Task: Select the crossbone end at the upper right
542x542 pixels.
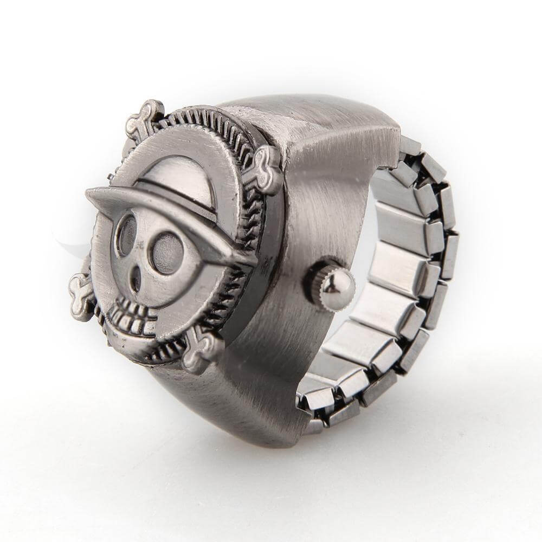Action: tap(268, 169)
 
